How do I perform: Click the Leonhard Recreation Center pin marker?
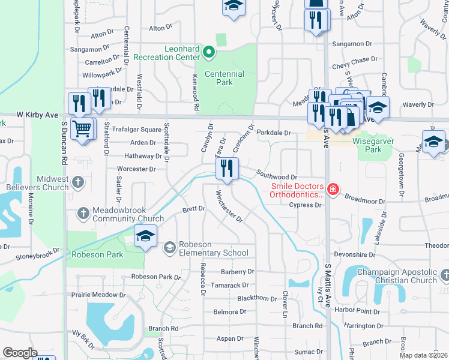(209, 52)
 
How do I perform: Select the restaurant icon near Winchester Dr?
(227, 168)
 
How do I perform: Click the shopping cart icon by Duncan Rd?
(82, 128)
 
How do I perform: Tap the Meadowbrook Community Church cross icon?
(85, 213)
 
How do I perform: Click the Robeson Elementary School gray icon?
(170, 247)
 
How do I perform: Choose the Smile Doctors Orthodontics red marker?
(333, 190)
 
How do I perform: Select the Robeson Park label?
(97, 254)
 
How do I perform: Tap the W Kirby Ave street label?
(37, 114)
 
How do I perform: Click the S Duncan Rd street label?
(64, 143)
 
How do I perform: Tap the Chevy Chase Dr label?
(357, 59)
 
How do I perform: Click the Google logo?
(20, 353)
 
